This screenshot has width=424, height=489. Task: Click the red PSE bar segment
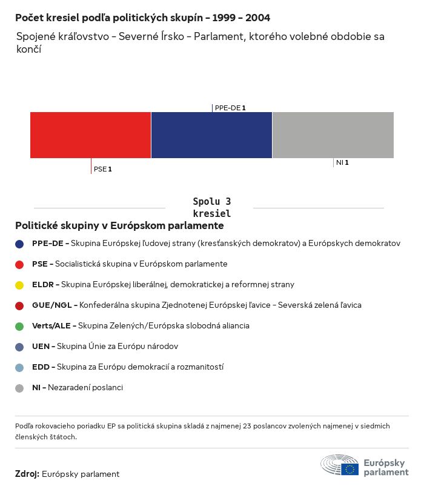pyautogui.click(x=91, y=135)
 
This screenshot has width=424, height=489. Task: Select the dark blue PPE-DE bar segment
pyautogui.click(x=211, y=135)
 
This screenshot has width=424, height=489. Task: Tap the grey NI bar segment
pyautogui.click(x=333, y=135)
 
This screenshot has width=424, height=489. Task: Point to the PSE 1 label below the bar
pyautogui.click(x=102, y=170)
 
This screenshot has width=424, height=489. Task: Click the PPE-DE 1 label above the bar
pyautogui.click(x=230, y=108)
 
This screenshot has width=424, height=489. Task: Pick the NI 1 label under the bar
pyautogui.click(x=342, y=163)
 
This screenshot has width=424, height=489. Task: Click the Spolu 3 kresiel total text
pyautogui.click(x=211, y=208)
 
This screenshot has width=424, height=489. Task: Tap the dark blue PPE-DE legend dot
pyautogui.click(x=19, y=244)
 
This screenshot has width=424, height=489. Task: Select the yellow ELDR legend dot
pyautogui.click(x=19, y=285)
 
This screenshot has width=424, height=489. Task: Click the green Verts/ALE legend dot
pyautogui.click(x=19, y=326)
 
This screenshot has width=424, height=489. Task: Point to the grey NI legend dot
pyautogui.click(x=19, y=388)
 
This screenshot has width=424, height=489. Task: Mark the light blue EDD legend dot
pyautogui.click(x=19, y=367)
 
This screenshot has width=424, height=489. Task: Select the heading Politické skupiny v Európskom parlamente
pyautogui.click(x=119, y=226)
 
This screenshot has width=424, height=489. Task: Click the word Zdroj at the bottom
pyautogui.click(x=27, y=474)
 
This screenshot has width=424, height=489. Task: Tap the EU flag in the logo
pyautogui.click(x=349, y=468)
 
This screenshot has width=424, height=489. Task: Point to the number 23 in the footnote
pyautogui.click(x=250, y=427)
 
